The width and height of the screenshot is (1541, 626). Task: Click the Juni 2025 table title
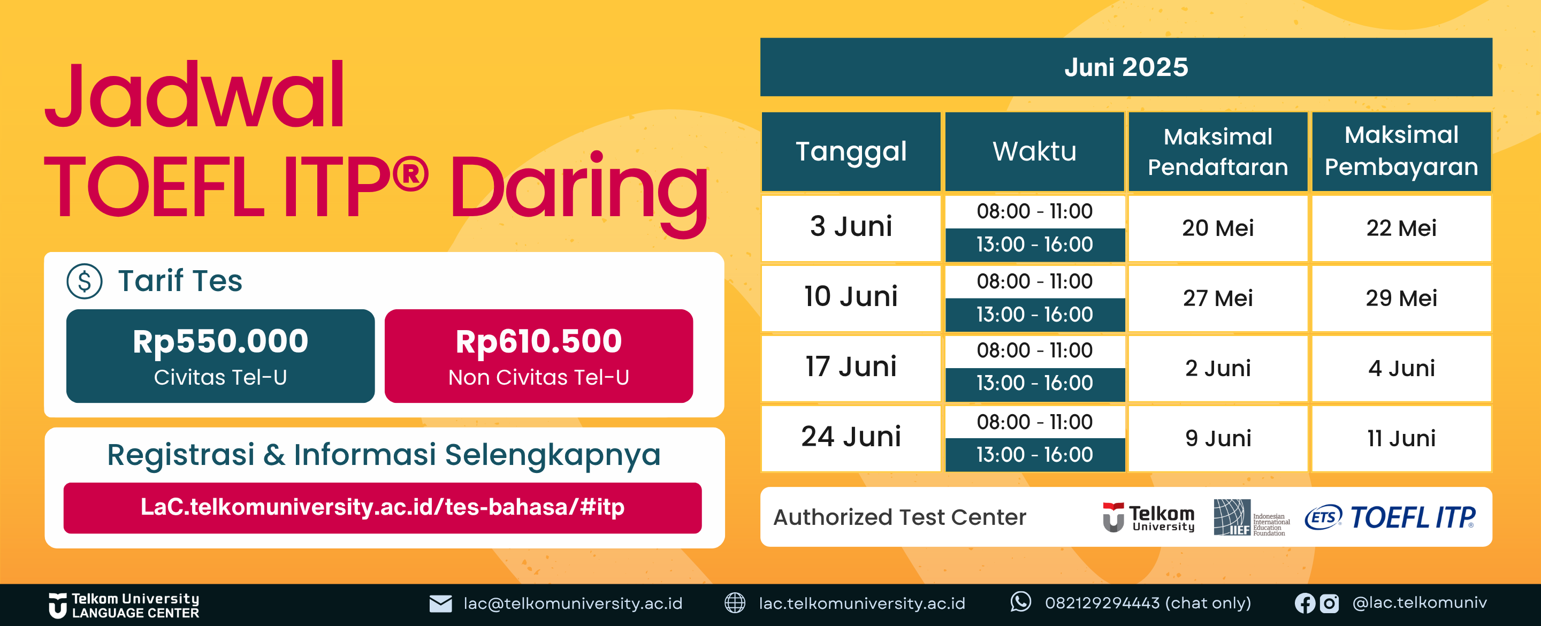pyautogui.click(x=1126, y=67)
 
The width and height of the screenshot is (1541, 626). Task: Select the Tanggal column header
pyautogui.click(x=851, y=152)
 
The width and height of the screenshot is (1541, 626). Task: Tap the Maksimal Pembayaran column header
pyautogui.click(x=1401, y=152)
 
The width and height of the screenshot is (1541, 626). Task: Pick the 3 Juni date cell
pyautogui.click(x=851, y=227)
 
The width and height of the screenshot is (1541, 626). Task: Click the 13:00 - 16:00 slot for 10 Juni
pyautogui.click(x=1034, y=314)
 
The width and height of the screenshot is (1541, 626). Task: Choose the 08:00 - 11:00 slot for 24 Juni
pyautogui.click(x=1034, y=422)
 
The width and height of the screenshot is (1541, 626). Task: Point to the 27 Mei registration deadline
pyautogui.click(x=1217, y=298)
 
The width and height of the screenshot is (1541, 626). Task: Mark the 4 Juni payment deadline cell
pyautogui.click(x=1401, y=368)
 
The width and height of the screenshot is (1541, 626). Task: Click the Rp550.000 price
pyautogui.click(x=220, y=342)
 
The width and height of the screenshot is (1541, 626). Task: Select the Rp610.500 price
pyautogui.click(x=538, y=342)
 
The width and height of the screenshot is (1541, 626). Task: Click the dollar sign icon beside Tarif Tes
pyautogui.click(x=85, y=281)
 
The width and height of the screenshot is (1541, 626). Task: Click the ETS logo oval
pyautogui.click(x=1323, y=517)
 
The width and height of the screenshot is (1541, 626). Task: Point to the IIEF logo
pyautogui.click(x=1251, y=517)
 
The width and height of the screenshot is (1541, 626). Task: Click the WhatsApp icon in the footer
pyautogui.click(x=1020, y=602)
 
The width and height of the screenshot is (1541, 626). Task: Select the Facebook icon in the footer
pyautogui.click(x=1304, y=603)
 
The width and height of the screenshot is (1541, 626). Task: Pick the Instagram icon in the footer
pyautogui.click(x=1329, y=603)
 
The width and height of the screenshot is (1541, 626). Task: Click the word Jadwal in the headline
pyautogui.click(x=194, y=96)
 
